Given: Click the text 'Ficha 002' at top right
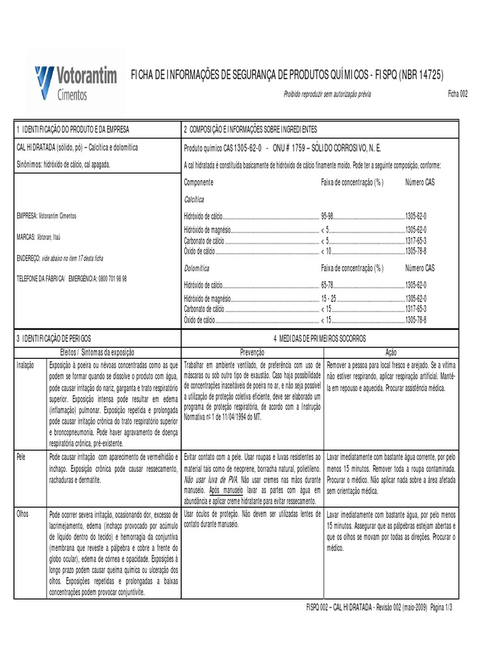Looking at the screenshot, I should pyautogui.click(x=458, y=94).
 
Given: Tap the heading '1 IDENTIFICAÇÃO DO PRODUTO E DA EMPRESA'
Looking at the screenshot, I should pyautogui.click(x=73, y=129).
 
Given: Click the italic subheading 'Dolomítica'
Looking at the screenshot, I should pyautogui.click(x=196, y=268).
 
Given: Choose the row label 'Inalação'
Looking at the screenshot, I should pyautogui.click(x=27, y=365).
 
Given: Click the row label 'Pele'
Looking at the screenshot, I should pyautogui.click(x=22, y=456).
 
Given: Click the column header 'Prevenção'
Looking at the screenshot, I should pyautogui.click(x=251, y=352).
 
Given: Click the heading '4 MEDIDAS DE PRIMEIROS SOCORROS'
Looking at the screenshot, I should pyautogui.click(x=321, y=339).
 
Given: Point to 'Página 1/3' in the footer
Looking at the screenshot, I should pyautogui.click(x=446, y=606).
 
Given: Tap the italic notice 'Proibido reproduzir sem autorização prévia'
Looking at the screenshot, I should pyautogui.click(x=327, y=94).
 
